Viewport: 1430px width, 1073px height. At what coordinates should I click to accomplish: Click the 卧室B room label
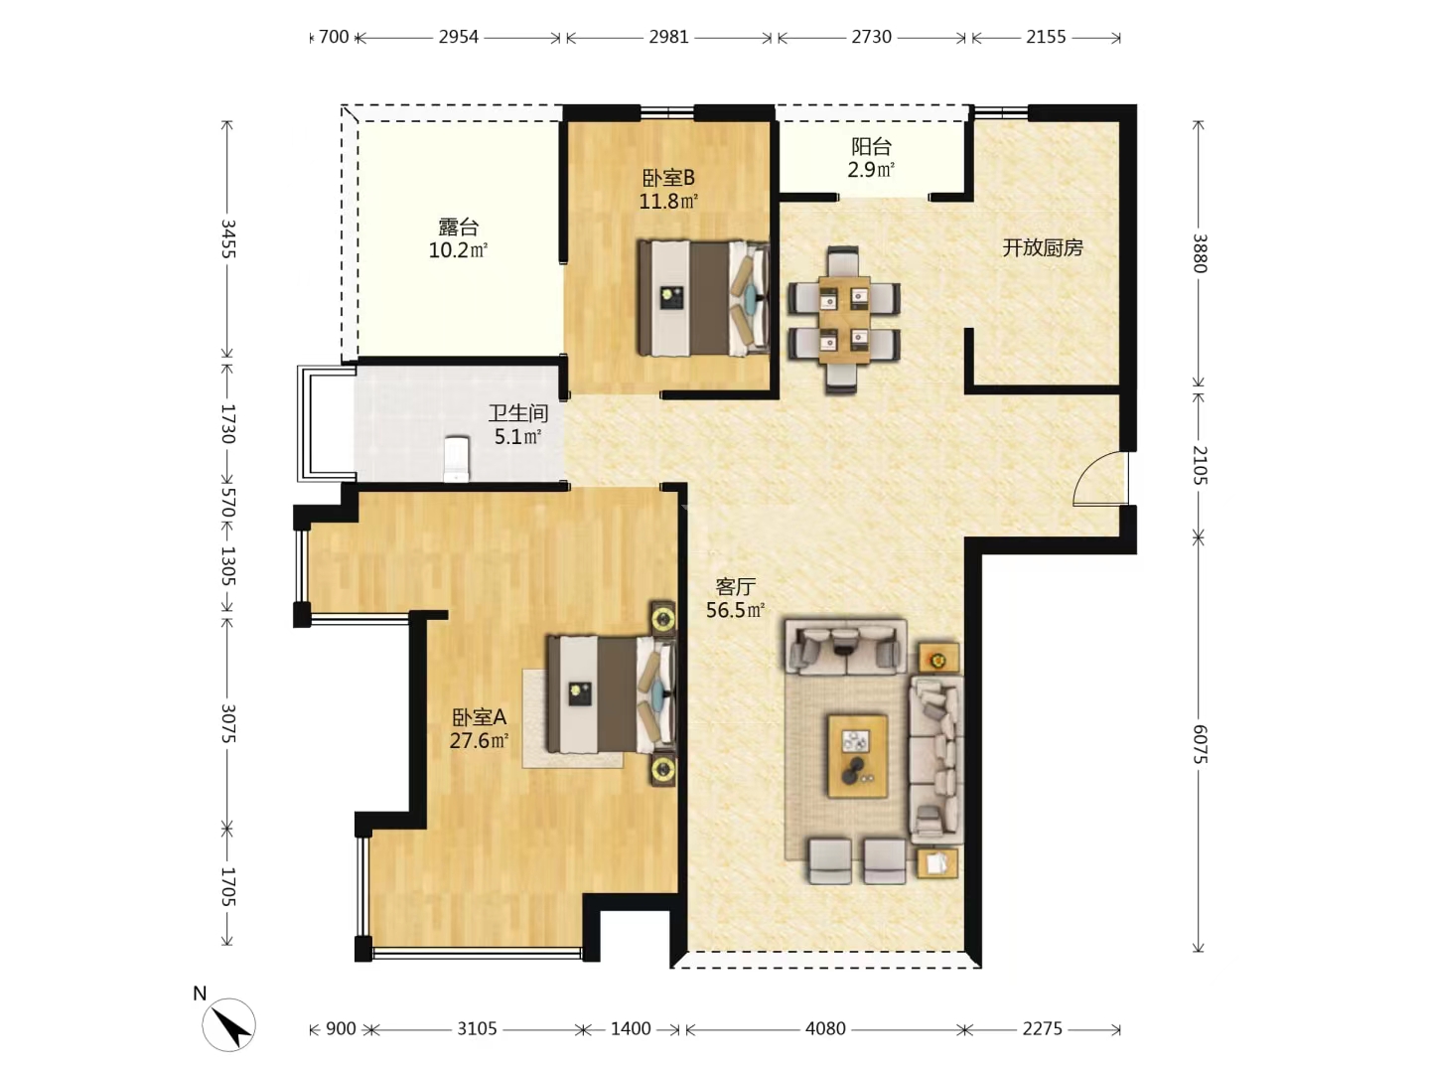click(668, 178)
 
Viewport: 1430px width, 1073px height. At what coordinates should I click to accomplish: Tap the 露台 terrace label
click(458, 228)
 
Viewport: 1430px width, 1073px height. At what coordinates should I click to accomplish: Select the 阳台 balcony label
click(871, 147)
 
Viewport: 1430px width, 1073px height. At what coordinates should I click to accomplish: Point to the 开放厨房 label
click(1042, 247)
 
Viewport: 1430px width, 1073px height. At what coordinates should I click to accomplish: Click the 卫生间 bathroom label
click(517, 413)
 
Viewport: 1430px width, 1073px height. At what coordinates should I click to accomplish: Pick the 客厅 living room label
click(735, 587)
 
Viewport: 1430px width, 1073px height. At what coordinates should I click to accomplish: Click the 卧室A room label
click(479, 717)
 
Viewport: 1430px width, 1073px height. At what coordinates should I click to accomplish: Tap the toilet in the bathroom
click(456, 458)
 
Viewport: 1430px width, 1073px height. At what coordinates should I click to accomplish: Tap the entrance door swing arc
click(1097, 479)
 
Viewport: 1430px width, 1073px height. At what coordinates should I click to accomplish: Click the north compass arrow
click(229, 1023)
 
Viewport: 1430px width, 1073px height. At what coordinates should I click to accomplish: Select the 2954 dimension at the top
click(458, 37)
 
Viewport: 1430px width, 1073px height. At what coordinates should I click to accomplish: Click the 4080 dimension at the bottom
click(825, 1028)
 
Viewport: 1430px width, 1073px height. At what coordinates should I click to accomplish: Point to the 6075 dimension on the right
click(1199, 743)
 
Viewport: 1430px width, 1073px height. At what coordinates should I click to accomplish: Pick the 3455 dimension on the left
click(227, 238)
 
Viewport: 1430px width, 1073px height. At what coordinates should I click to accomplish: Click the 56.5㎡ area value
click(735, 611)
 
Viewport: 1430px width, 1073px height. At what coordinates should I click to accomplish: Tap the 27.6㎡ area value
click(479, 741)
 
